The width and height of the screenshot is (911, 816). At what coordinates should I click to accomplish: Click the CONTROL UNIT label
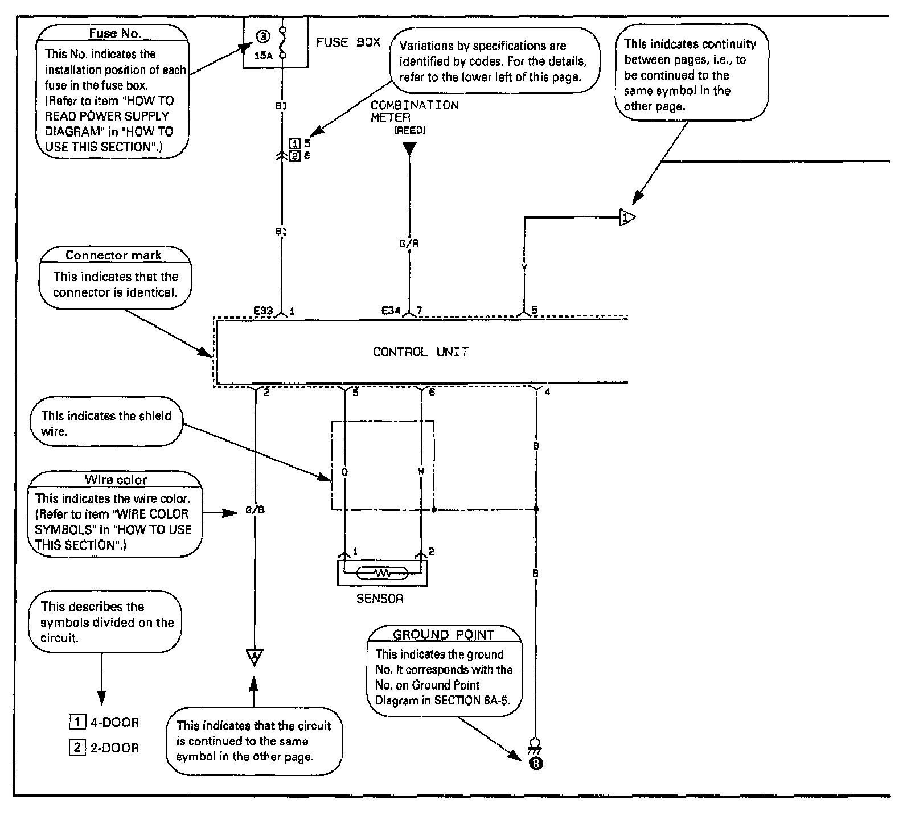(420, 352)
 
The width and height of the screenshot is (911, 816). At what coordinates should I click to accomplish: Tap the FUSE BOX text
(348, 42)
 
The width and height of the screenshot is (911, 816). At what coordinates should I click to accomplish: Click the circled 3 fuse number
(262, 37)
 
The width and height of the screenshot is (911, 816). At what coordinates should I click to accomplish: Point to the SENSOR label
(380, 599)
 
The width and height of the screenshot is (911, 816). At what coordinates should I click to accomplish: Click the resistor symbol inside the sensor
(382, 573)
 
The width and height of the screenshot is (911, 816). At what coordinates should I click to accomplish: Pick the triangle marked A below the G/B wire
(255, 657)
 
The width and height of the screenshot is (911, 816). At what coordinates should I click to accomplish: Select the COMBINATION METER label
(414, 111)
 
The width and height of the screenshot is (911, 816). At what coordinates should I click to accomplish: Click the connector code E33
(263, 311)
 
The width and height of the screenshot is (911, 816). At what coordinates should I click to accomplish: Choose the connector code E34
(391, 311)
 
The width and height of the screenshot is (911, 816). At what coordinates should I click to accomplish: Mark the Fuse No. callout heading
(114, 33)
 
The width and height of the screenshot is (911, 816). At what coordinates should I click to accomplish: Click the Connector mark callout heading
(113, 255)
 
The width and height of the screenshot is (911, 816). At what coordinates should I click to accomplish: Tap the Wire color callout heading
(116, 479)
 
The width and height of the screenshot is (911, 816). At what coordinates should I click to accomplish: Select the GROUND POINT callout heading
(443, 634)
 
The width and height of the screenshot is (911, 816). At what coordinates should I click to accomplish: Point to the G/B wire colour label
(255, 510)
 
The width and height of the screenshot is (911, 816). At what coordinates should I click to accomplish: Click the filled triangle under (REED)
(409, 149)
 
